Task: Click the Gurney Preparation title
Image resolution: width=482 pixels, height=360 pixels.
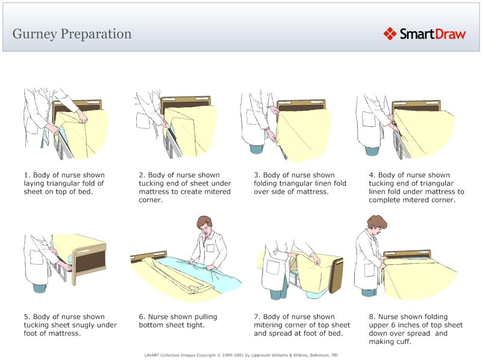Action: click(72, 33)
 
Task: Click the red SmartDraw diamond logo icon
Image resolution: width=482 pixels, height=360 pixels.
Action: click(390, 33)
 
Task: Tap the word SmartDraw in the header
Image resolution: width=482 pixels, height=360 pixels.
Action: click(433, 34)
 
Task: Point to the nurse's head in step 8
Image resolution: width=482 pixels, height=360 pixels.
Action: click(377, 224)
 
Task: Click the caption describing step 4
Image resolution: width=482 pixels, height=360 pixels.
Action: click(416, 188)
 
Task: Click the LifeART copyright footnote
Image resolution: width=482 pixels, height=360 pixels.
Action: click(241, 355)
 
